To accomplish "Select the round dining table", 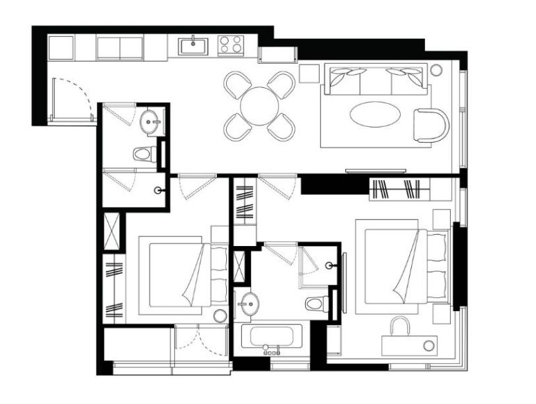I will (x=260, y=106).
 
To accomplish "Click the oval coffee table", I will (x=374, y=114).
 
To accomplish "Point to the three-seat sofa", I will (x=375, y=80).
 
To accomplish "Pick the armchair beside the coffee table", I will (x=431, y=125).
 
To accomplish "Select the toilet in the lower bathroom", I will (x=318, y=304).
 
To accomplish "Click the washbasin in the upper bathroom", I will (x=150, y=123).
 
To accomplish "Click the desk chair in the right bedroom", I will (x=400, y=326).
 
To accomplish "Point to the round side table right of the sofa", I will (x=436, y=69).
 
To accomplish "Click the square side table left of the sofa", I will (x=309, y=73).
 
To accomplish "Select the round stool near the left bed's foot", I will (x=220, y=317).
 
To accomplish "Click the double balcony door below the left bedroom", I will (x=200, y=343).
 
